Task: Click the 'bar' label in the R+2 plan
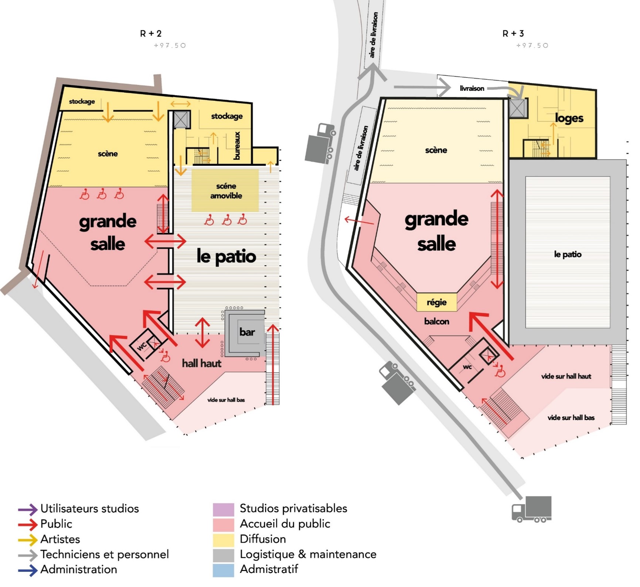click(247, 332)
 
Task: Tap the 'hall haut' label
click(201, 364)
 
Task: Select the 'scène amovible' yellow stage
click(225, 191)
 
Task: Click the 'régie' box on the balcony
click(437, 302)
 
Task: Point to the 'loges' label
click(569, 118)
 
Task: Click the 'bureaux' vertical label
click(237, 146)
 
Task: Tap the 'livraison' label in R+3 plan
click(472, 88)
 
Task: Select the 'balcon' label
click(437, 321)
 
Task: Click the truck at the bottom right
click(531, 509)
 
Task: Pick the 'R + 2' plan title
click(151, 34)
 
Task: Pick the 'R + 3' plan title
click(513, 34)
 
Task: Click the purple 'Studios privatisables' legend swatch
click(224, 509)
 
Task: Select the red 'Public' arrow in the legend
click(28, 524)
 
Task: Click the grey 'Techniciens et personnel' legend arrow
click(28, 555)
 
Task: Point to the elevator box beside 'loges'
click(518, 108)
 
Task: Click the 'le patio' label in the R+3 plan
click(568, 254)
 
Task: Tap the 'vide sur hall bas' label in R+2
click(226, 400)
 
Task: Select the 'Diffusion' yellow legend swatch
click(224, 540)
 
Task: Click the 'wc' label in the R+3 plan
click(467, 367)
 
